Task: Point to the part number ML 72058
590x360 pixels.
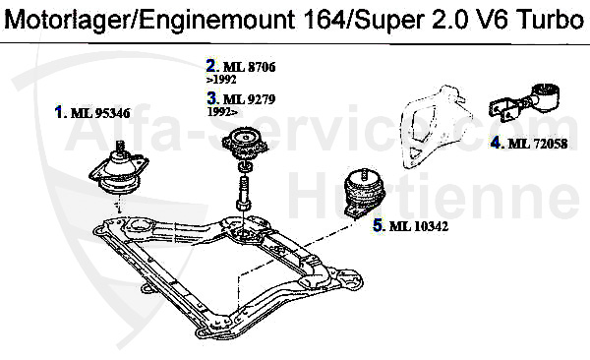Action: click(x=538, y=144)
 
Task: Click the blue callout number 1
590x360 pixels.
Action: click(x=60, y=112)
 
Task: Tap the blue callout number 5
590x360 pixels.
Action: click(x=379, y=226)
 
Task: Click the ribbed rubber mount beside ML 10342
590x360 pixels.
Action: click(x=360, y=192)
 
